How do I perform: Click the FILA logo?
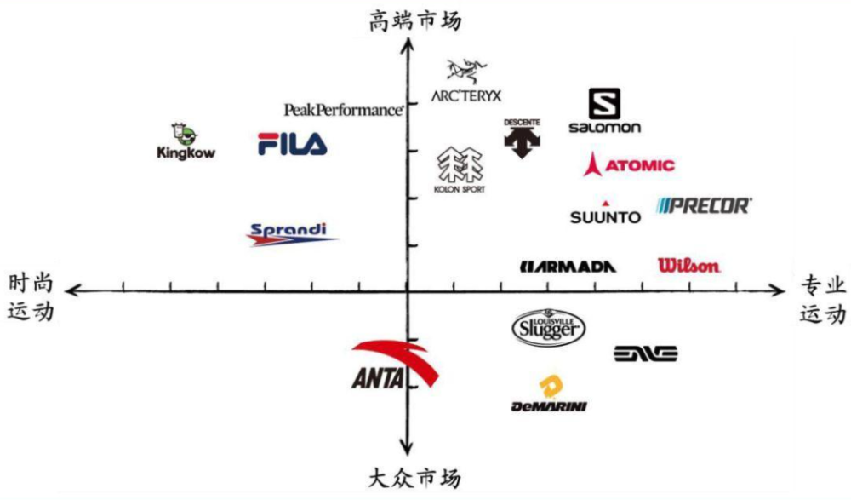click(292, 144)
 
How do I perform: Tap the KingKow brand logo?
click(186, 141)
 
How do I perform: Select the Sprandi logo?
click(292, 234)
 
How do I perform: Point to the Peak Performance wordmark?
click(344, 110)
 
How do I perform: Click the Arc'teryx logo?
click(466, 81)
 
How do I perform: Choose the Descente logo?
click(523, 138)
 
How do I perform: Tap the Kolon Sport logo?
click(460, 170)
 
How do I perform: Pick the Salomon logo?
click(604, 111)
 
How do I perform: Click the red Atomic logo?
click(629, 164)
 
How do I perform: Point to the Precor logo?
click(704, 205)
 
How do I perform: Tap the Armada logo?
click(568, 267)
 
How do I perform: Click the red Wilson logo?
click(688, 265)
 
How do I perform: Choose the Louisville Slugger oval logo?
click(549, 328)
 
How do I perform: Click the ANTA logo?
click(394, 365)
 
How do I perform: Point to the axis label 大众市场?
click(415, 478)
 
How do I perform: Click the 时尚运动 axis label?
click(31, 297)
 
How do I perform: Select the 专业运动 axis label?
click(823, 299)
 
